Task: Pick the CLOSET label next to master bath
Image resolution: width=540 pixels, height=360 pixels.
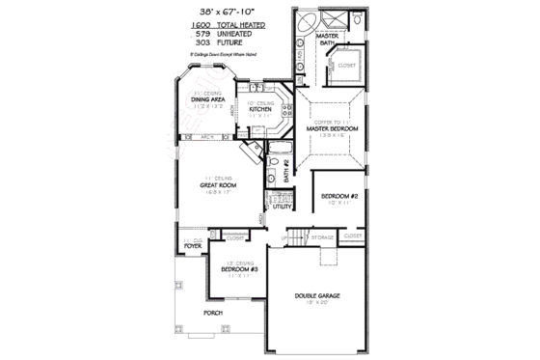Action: (x=347, y=66)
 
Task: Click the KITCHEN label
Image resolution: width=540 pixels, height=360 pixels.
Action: (x=261, y=109)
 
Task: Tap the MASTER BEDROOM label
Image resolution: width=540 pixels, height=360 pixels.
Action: (x=332, y=127)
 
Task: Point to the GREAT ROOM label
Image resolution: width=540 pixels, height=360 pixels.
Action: (x=220, y=184)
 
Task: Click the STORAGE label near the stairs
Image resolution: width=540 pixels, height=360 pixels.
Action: (x=323, y=236)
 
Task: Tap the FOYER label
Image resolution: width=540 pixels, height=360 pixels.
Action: (x=193, y=245)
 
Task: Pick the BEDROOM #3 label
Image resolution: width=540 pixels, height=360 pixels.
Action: (x=235, y=269)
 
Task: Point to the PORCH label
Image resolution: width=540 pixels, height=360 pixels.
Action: (x=212, y=315)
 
